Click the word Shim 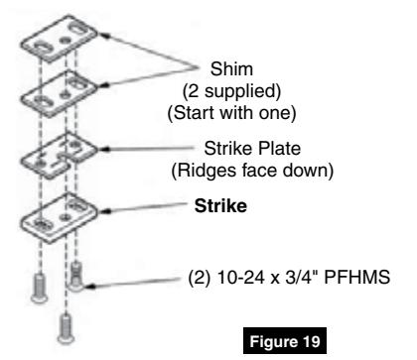coord(231,69)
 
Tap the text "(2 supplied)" coord(231,91)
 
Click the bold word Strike coord(220,206)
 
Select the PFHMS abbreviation coord(357,277)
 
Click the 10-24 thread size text coord(241,277)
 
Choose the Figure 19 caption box coord(285,341)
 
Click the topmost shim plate coord(59,39)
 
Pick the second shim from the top coord(59,94)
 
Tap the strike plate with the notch coord(59,156)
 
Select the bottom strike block coord(59,218)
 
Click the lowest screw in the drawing coord(66,329)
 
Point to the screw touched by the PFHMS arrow coord(76,277)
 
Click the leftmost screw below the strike coord(40,288)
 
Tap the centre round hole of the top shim coord(66,41)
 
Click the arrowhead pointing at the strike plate coord(103,149)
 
